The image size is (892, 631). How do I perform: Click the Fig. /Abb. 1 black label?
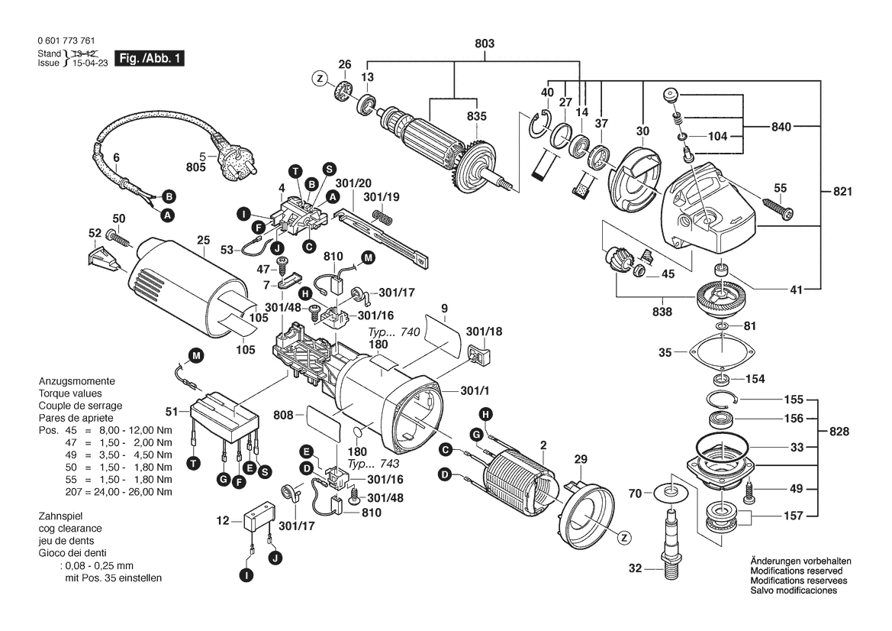tap(148, 59)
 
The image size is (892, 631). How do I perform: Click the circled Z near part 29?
tap(625, 539)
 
